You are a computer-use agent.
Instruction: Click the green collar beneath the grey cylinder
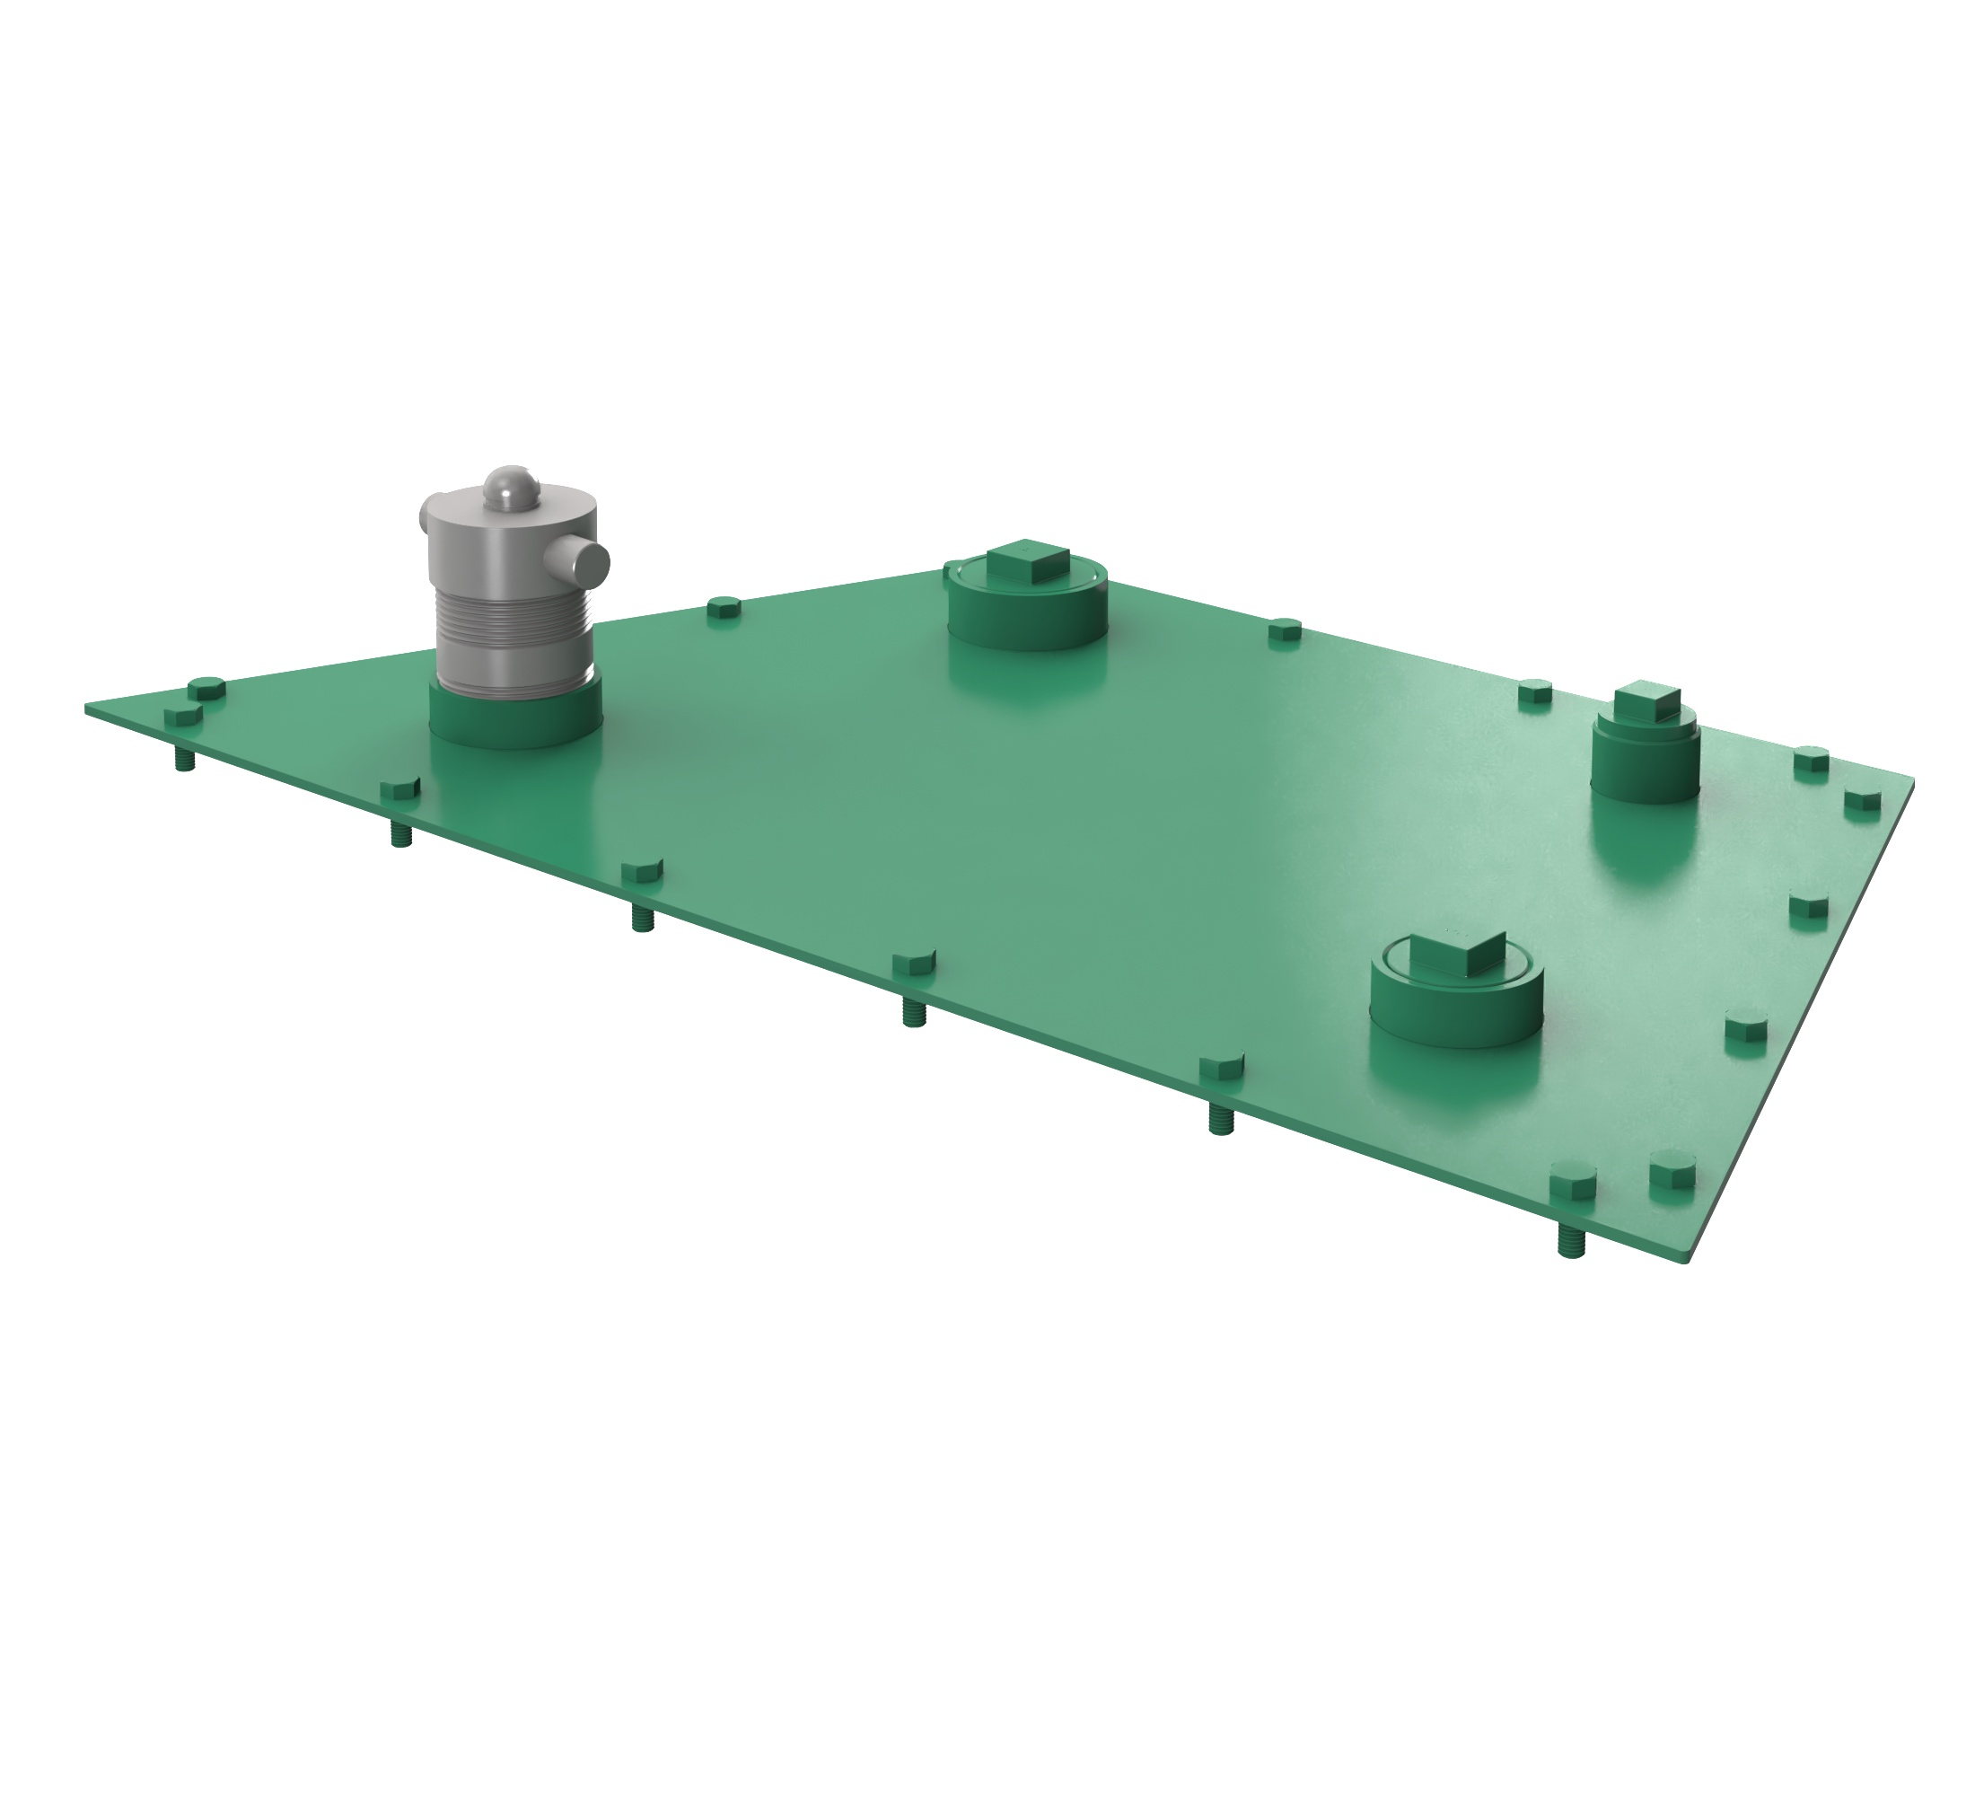coord(515,720)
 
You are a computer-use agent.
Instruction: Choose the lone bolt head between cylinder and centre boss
coord(723,607)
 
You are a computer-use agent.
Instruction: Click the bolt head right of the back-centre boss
coord(1285,630)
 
